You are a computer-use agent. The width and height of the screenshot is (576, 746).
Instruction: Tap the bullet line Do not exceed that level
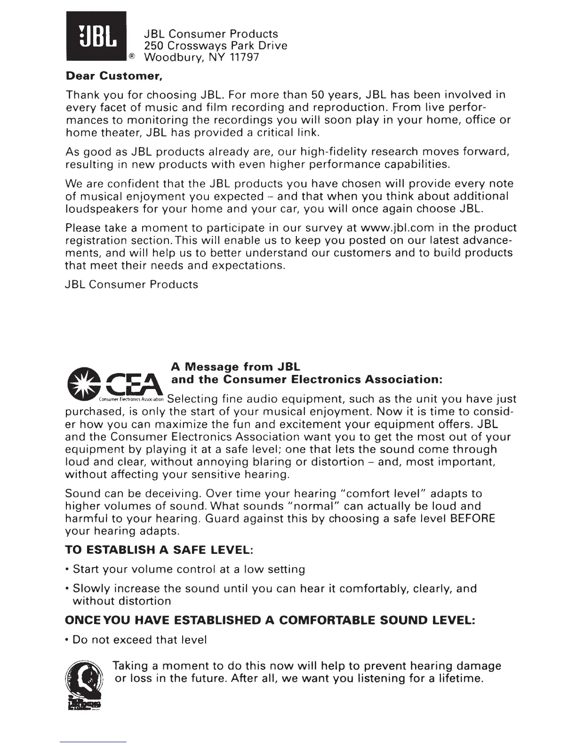(136, 640)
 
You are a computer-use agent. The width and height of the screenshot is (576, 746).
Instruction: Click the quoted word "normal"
(313, 507)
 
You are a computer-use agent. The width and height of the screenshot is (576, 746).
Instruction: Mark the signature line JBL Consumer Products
(131, 284)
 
